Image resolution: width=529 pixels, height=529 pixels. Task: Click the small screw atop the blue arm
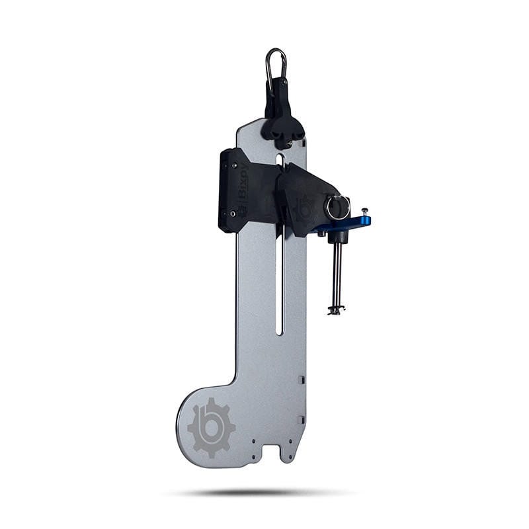[364, 212]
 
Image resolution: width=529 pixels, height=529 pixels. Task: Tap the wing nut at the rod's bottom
[336, 309]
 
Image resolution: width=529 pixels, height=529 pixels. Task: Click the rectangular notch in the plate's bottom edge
[270, 454]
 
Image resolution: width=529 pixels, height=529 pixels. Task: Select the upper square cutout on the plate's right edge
[302, 380]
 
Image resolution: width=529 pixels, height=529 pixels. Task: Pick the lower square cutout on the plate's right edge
[302, 419]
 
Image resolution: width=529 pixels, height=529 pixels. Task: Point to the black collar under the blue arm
[337, 236]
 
